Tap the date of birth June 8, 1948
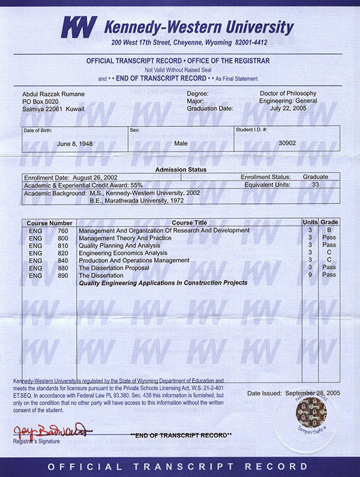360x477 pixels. pos(75,143)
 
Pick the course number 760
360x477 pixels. pos(62,230)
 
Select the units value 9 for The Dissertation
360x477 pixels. pos(310,275)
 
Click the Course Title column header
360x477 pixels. pos(188,223)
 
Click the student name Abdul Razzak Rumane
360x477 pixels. pos(52,94)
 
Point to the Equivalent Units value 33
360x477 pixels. pos(315,185)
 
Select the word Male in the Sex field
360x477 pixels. pos(181,143)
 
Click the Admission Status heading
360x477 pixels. pos(180,170)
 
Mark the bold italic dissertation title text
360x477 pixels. pos(163,283)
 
